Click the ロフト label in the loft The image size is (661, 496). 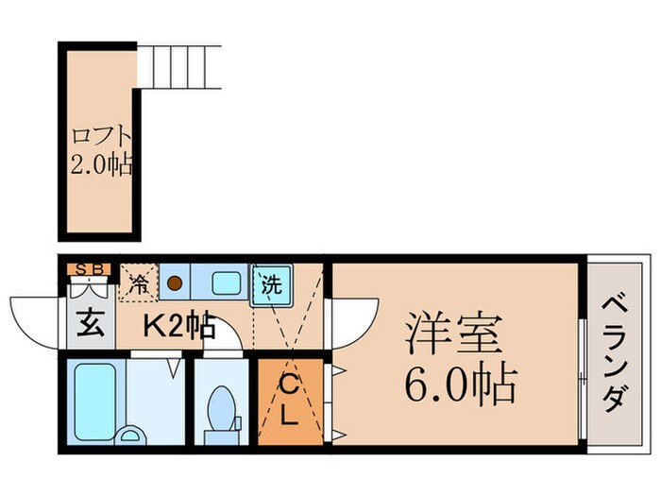click(x=99, y=134)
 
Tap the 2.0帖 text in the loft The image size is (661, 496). click(x=101, y=166)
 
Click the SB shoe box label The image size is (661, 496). click(x=91, y=268)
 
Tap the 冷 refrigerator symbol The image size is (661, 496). click(x=138, y=282)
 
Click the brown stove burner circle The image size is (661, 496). click(x=175, y=282)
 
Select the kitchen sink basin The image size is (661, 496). click(x=226, y=282)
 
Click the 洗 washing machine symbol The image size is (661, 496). click(x=272, y=282)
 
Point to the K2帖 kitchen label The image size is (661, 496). click(x=179, y=328)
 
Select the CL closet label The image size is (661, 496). click(x=292, y=399)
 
